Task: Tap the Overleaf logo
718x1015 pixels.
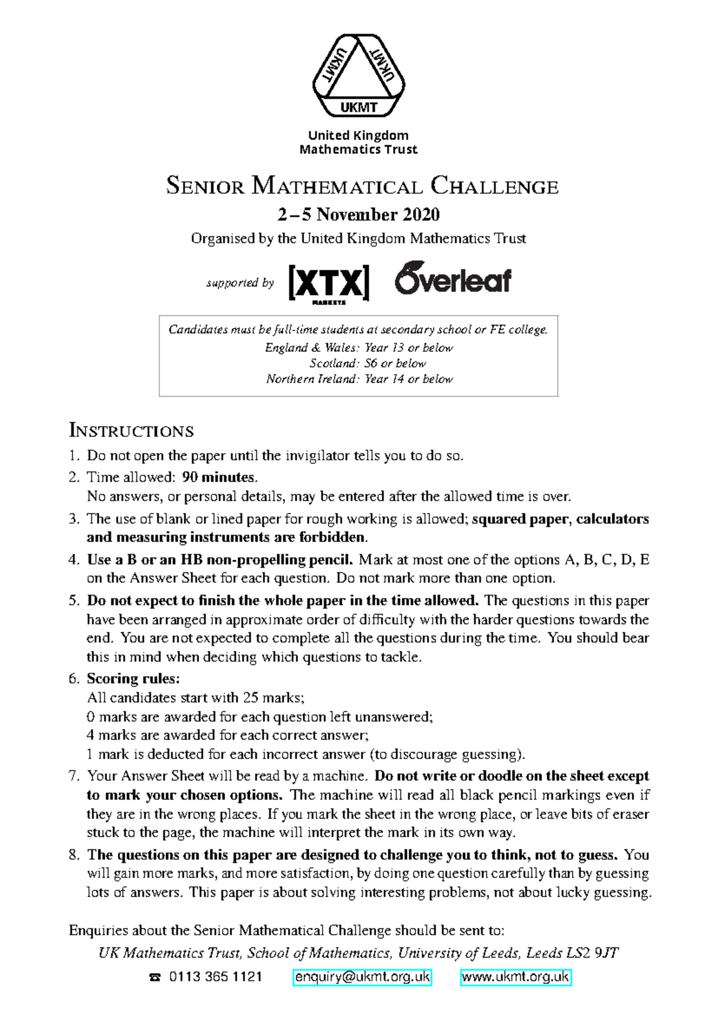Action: pyautogui.click(x=453, y=279)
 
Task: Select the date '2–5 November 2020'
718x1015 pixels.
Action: pyautogui.click(x=358, y=214)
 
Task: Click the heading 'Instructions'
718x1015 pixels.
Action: pyautogui.click(x=131, y=431)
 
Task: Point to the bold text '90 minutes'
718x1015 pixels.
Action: pyautogui.click(x=218, y=477)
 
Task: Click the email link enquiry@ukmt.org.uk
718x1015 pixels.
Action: pyautogui.click(x=363, y=977)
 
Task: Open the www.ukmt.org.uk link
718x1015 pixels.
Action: pyautogui.click(x=516, y=977)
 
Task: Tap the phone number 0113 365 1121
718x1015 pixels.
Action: pyautogui.click(x=215, y=977)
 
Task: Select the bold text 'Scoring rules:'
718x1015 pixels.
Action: pyautogui.click(x=133, y=679)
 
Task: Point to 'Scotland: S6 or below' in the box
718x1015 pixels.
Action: pyautogui.click(x=367, y=363)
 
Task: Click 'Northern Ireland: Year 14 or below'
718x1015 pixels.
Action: pyautogui.click(x=359, y=379)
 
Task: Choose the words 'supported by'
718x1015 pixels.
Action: pyautogui.click(x=240, y=282)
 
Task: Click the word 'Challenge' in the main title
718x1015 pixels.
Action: pyautogui.click(x=494, y=186)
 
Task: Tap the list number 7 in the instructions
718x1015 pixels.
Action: pyautogui.click(x=74, y=776)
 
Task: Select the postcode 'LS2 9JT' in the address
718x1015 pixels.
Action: pyautogui.click(x=595, y=953)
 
